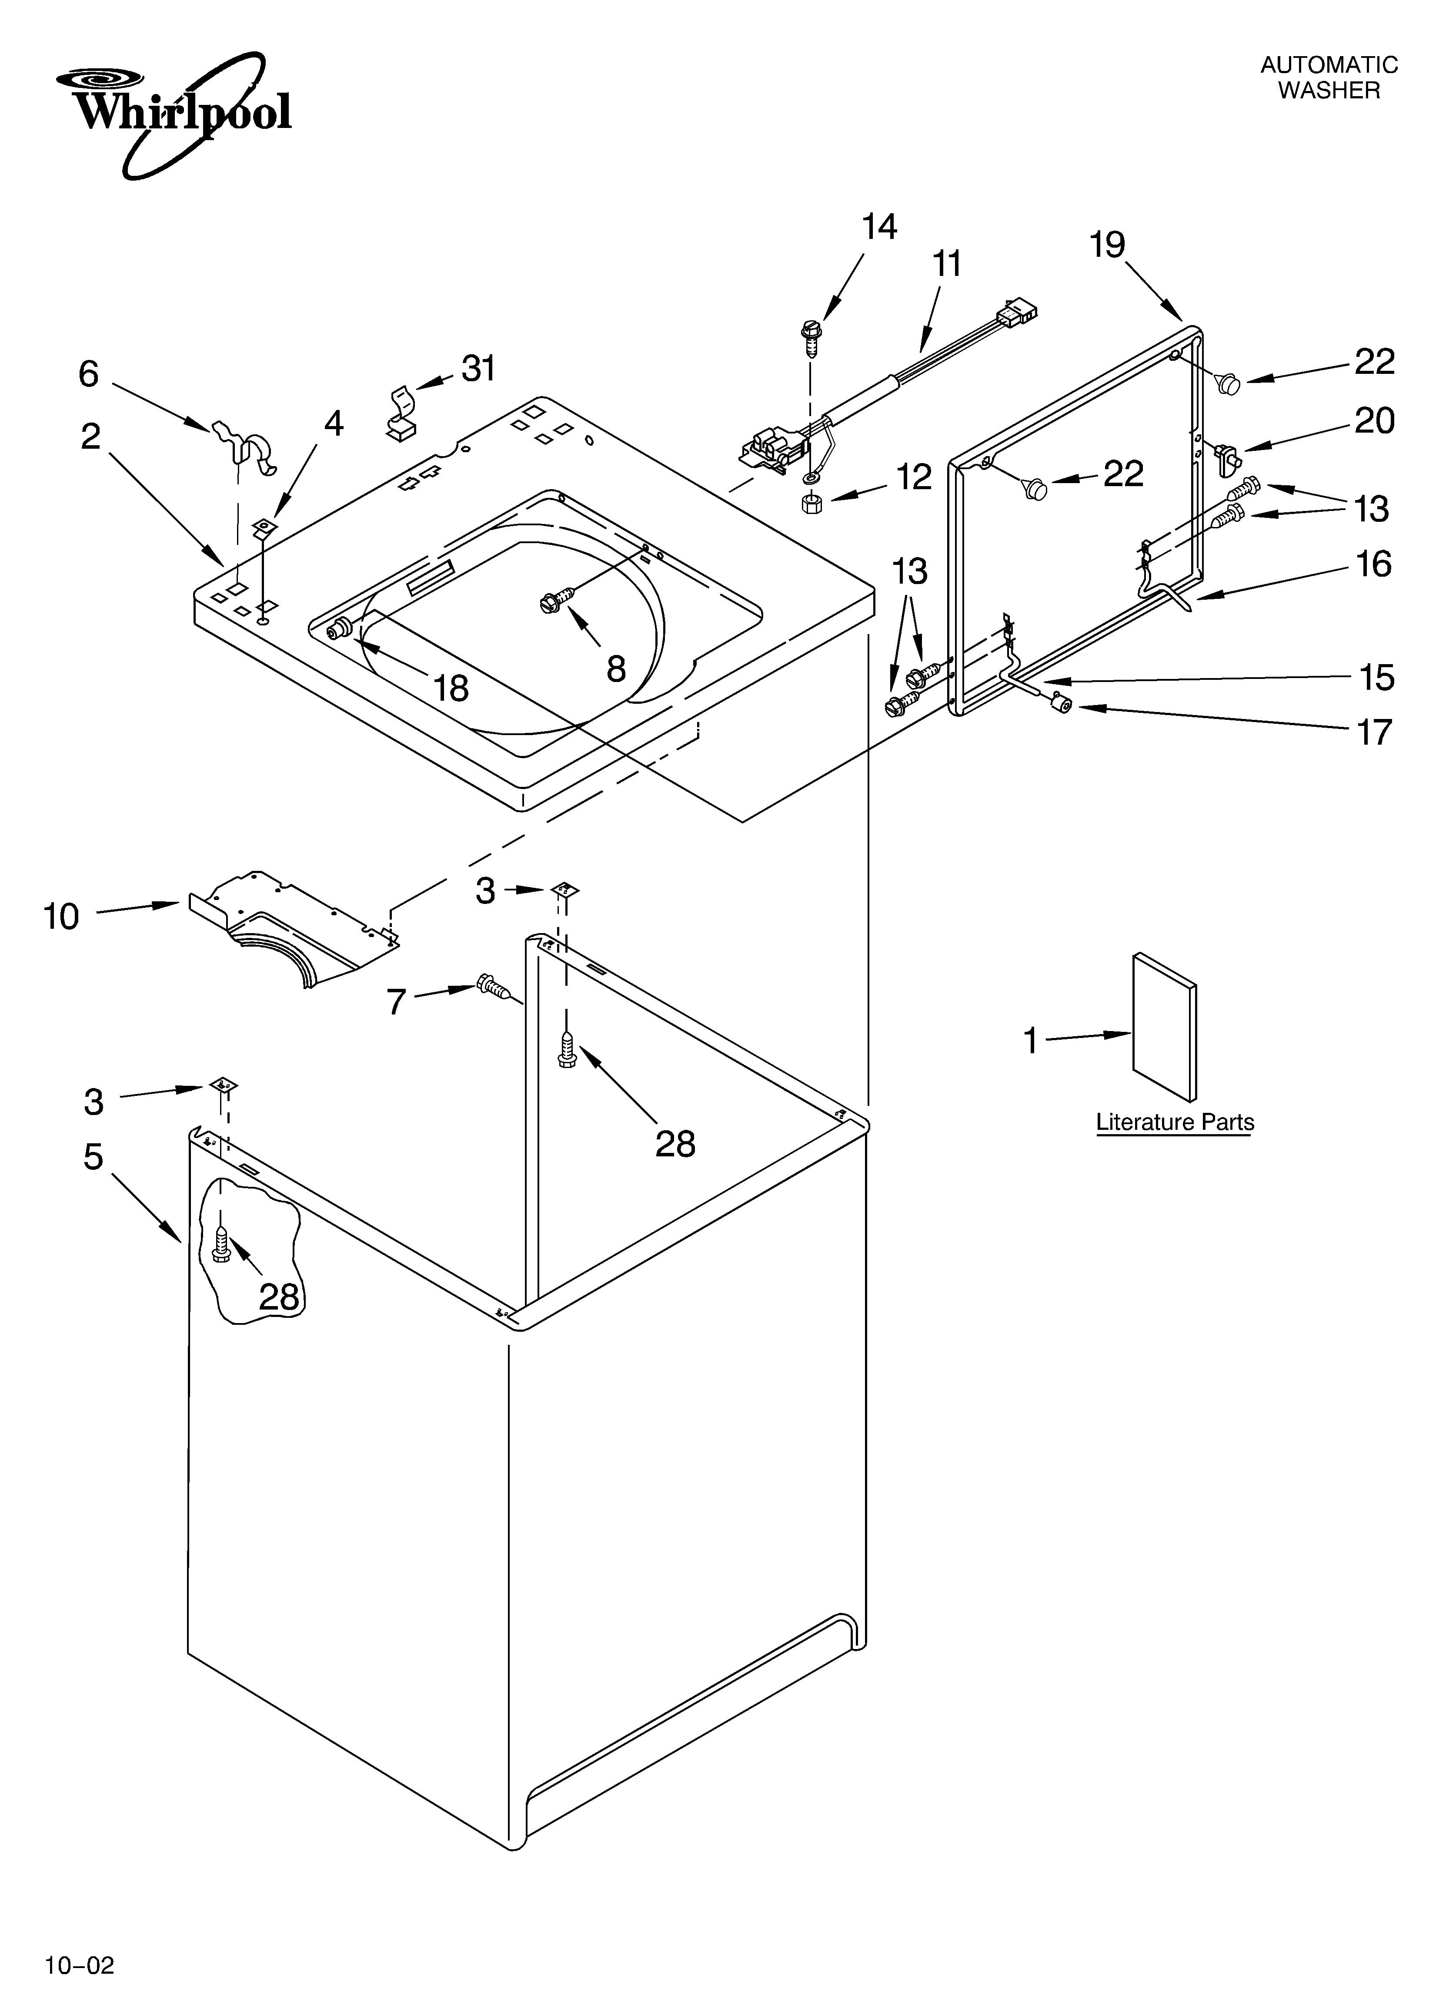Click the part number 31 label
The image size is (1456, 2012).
[479, 368]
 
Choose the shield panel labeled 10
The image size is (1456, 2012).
[293, 927]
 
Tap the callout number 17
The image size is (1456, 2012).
[1374, 733]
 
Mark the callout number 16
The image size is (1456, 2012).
[1374, 564]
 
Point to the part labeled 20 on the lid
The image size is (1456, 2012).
[1228, 457]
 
